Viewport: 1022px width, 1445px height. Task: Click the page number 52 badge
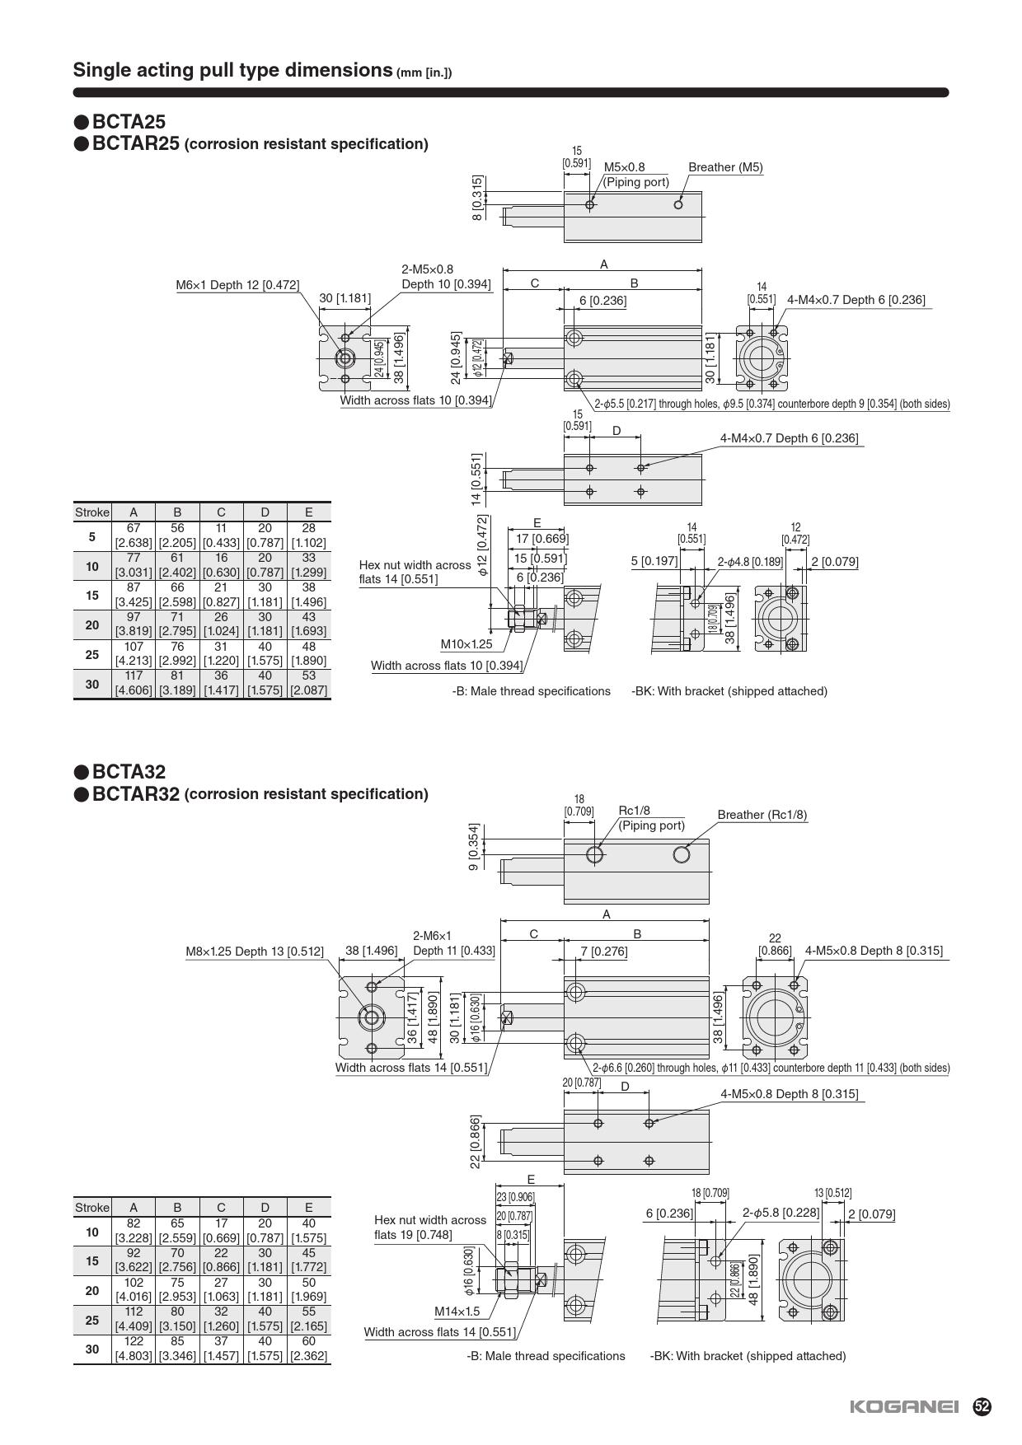click(x=982, y=1406)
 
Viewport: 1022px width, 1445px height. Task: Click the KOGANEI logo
click(x=903, y=1407)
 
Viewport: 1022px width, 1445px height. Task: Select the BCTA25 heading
click(x=129, y=122)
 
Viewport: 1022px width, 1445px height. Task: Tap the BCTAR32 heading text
click(x=135, y=793)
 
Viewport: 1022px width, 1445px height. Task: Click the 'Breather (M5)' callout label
click(x=725, y=167)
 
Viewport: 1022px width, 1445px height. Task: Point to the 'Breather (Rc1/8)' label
click(x=762, y=815)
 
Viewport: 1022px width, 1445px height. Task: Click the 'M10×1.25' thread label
click(x=466, y=644)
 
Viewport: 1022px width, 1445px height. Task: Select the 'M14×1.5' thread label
click(x=457, y=1311)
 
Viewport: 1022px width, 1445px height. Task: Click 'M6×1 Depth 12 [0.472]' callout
click(x=237, y=285)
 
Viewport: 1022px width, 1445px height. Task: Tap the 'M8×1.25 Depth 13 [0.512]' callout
click(x=254, y=952)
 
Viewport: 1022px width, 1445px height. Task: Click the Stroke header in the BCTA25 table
click(x=91, y=512)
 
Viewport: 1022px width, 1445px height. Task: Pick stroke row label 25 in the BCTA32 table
click(x=91, y=1320)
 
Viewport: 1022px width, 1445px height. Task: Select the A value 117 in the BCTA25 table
click(x=134, y=676)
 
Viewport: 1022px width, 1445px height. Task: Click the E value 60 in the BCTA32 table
click(x=308, y=1341)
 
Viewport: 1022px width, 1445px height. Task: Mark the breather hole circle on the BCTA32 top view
click(x=681, y=854)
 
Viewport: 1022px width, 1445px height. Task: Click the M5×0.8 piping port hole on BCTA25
click(x=589, y=204)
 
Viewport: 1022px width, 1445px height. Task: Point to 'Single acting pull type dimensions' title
click(x=232, y=70)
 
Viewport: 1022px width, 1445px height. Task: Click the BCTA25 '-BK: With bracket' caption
click(x=729, y=691)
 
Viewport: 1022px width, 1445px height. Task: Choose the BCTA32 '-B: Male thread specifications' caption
click(x=546, y=1356)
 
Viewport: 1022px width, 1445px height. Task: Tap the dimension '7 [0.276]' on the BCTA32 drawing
click(x=603, y=952)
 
